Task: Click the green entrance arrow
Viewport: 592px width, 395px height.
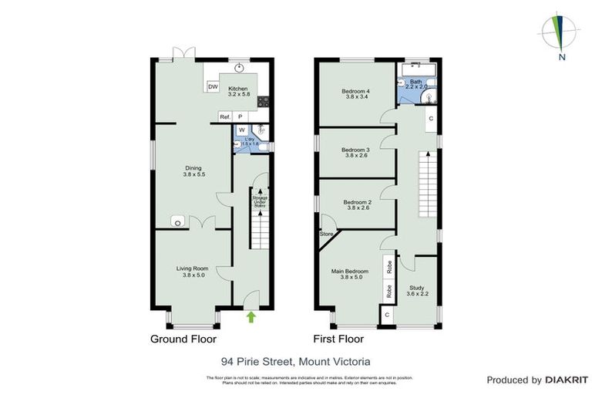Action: (251, 316)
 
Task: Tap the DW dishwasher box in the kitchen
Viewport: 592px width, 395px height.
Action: (213, 86)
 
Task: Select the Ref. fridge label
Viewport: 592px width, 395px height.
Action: (225, 116)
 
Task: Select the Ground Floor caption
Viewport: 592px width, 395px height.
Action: (183, 339)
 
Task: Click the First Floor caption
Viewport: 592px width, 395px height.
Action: (338, 339)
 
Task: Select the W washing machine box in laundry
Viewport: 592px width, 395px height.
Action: (241, 130)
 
